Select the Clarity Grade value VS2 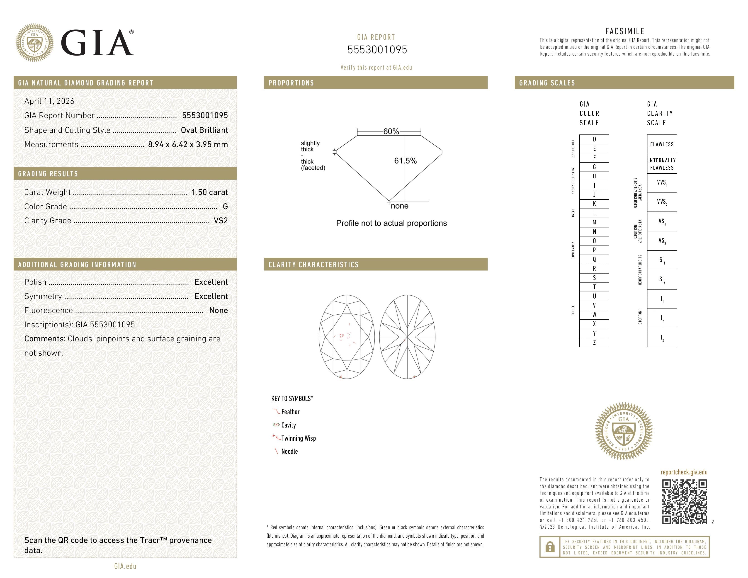click(221, 221)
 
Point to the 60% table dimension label click(391, 131)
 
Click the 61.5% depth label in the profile click(405, 161)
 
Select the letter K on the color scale click(594, 204)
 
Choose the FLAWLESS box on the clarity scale click(662, 144)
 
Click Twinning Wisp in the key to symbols click(298, 438)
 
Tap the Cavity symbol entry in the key click(288, 425)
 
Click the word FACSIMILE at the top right click(625, 31)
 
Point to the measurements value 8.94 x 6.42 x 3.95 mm click(188, 145)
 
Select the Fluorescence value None click(219, 310)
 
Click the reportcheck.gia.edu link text click(684, 472)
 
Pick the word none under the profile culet click(399, 206)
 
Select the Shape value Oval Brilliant click(204, 130)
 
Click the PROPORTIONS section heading click(291, 83)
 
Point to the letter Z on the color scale click(594, 342)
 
